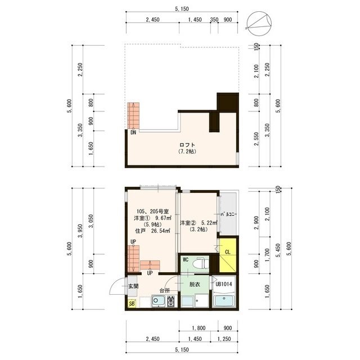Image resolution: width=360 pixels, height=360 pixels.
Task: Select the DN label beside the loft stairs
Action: (x=134, y=133)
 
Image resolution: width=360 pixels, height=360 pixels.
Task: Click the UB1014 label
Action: (x=224, y=285)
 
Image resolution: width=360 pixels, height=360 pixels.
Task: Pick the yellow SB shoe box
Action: (x=132, y=304)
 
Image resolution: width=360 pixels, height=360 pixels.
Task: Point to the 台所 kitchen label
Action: (x=164, y=291)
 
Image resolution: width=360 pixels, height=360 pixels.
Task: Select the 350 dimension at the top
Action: (x=214, y=19)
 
